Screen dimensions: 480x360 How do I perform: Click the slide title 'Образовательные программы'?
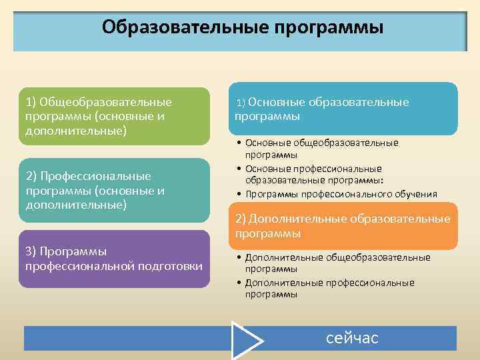[243, 27]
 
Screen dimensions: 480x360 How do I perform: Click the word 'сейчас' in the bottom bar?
[352, 338]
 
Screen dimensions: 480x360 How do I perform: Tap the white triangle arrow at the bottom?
[246, 340]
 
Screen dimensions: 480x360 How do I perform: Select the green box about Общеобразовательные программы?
[113, 116]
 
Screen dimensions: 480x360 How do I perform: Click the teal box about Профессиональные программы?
[113, 190]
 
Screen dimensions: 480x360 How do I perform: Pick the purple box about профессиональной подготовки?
[113, 259]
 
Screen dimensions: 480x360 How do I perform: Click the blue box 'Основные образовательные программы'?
[343, 109]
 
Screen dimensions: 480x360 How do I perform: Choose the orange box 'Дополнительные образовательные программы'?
[343, 227]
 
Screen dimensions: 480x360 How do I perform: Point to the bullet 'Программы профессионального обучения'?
[341, 194]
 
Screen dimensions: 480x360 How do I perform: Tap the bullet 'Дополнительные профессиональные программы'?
[329, 288]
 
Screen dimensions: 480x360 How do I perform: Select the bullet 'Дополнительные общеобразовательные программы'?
[337, 263]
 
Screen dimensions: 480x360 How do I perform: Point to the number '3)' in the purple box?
[31, 251]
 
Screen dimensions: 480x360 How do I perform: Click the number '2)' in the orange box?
[241, 219]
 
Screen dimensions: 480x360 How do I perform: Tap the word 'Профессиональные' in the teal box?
[95, 176]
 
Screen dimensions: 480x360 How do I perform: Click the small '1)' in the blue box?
[242, 103]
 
